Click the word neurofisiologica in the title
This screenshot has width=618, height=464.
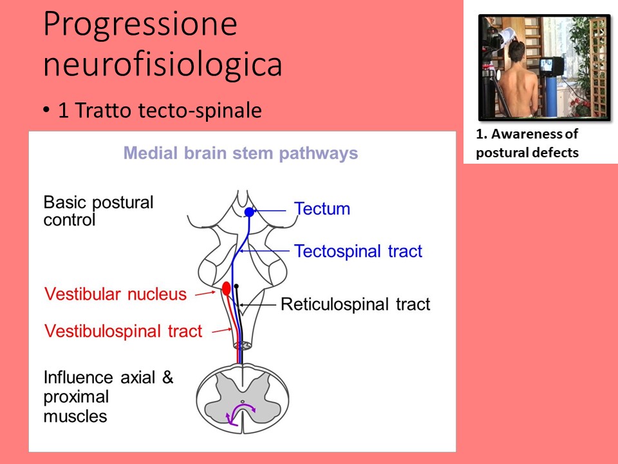162,64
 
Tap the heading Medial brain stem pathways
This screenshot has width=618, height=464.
241,153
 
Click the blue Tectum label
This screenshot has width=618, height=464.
322,209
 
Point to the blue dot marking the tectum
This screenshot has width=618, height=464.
250,211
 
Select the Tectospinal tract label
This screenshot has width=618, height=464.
358,251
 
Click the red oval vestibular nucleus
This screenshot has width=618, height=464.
227,288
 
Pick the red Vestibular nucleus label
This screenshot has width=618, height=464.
115,295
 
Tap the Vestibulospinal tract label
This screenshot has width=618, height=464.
123,331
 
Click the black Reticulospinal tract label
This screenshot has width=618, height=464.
355,304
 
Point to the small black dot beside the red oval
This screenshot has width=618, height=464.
237,286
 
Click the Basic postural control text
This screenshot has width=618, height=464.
98,211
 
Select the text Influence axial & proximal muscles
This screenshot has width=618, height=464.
108,396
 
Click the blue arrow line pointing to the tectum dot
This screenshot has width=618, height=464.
270,210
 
